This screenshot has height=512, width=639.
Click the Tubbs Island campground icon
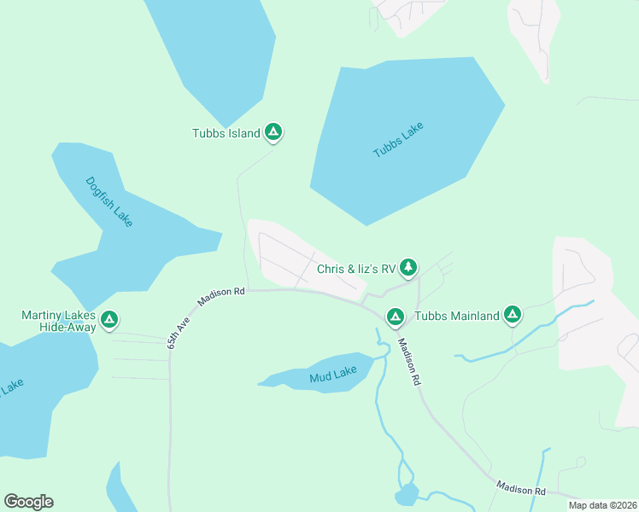pos(273,131)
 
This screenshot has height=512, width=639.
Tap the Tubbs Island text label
pos(226,132)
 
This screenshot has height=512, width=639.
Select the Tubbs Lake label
pos(398,140)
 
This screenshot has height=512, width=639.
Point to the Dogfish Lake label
pos(109,201)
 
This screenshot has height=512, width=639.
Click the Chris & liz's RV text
pos(355,269)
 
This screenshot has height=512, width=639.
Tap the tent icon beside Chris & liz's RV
pos(409,268)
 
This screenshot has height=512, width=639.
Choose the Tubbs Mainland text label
pos(456,317)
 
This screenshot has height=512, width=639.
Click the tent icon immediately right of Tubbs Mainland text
pos(513,316)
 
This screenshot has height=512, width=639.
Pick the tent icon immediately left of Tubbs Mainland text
pos(395,317)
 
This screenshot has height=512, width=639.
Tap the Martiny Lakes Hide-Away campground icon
pos(109,320)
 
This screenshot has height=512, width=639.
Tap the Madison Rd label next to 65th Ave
pos(221,296)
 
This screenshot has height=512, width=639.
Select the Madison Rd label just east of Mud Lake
pos(410,363)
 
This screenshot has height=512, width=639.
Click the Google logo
pos(29,502)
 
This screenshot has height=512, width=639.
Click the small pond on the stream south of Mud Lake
pos(407,494)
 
